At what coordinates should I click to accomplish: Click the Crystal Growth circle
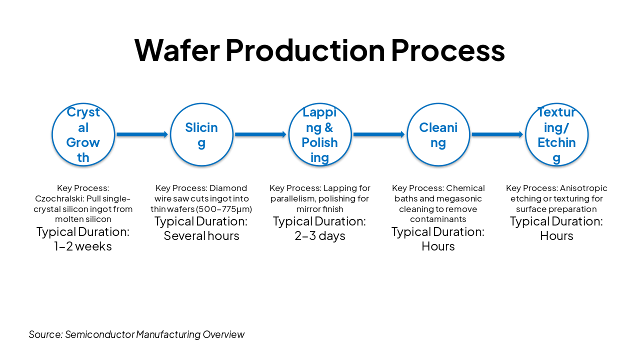click(83, 134)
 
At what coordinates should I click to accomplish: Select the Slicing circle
click(201, 134)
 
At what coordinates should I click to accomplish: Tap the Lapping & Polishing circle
click(320, 134)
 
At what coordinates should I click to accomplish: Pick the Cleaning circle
click(438, 134)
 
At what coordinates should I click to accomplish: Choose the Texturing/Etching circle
click(556, 134)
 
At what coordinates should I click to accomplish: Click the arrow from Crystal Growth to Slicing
click(142, 134)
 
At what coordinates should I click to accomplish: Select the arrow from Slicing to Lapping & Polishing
click(260, 134)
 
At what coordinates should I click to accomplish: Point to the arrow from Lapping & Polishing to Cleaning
click(378, 134)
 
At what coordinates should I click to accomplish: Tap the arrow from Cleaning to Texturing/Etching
click(497, 134)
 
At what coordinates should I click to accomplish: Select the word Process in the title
click(447, 50)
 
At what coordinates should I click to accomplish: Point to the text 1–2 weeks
click(83, 246)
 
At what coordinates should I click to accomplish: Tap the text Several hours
click(201, 236)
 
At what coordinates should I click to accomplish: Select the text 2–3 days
click(320, 236)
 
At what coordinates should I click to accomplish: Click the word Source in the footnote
click(45, 334)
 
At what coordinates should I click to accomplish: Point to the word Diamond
click(228, 188)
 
